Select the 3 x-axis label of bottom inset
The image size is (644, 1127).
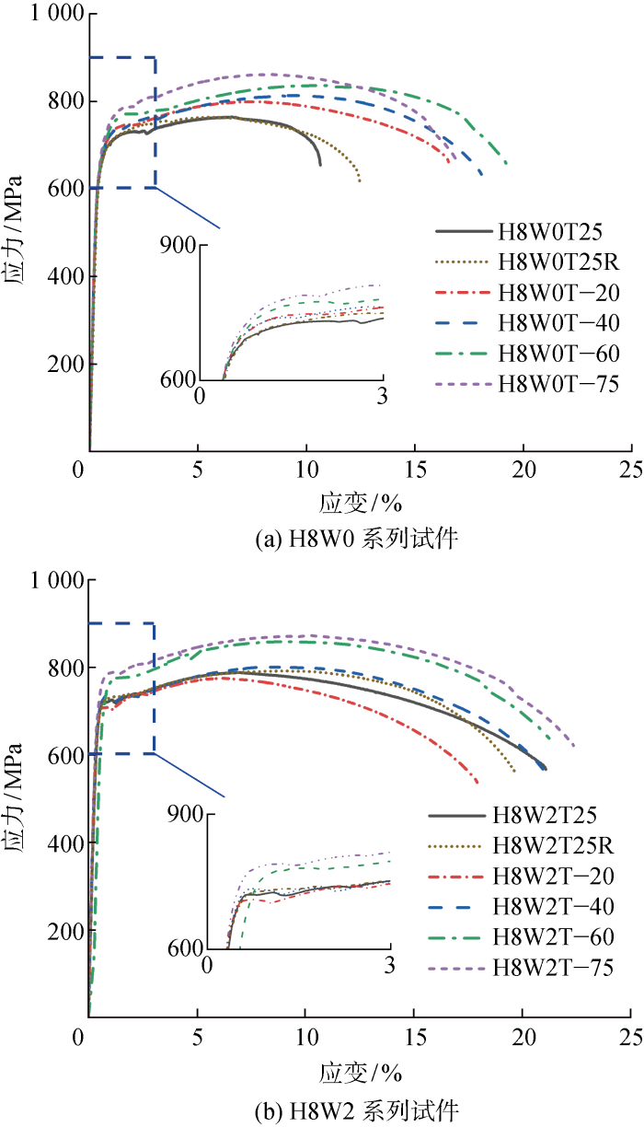389,968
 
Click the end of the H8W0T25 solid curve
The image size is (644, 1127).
320,165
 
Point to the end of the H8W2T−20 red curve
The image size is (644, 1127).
477,783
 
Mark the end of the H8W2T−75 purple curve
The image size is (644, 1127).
574,747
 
